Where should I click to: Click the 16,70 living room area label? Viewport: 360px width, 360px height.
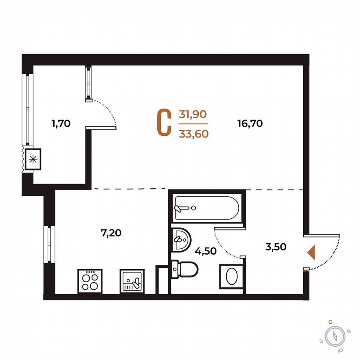(250, 123)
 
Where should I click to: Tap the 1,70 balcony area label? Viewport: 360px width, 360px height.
(61, 123)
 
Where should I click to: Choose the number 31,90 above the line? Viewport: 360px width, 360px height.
(193, 114)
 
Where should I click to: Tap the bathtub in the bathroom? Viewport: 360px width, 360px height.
(206, 208)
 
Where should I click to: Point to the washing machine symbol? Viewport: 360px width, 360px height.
(230, 276)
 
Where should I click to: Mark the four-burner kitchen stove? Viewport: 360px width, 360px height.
(90, 280)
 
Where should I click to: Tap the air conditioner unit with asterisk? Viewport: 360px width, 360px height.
(32, 159)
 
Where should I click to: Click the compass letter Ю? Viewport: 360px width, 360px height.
(341, 350)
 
